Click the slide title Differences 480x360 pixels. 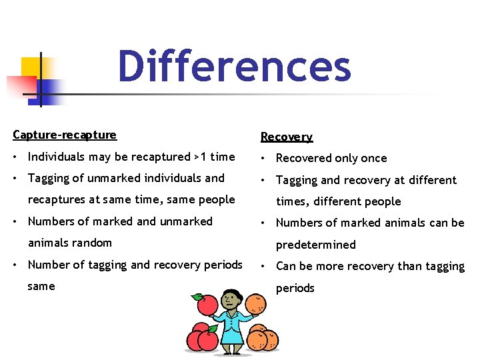(234, 67)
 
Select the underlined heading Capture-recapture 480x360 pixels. (65, 135)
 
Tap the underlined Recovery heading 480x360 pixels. (286, 137)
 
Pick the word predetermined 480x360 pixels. (316, 245)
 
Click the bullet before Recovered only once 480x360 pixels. (265, 158)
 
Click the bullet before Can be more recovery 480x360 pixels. (265, 266)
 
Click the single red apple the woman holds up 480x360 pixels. (207, 305)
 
